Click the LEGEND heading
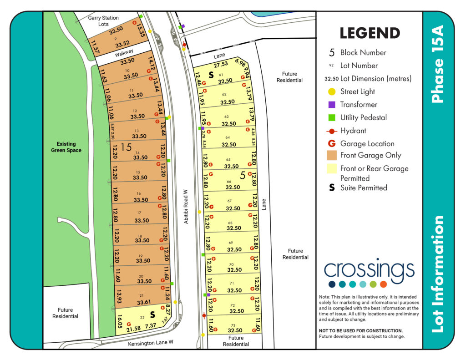tap(370, 33)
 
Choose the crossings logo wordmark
tap(369, 269)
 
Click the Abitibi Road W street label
tap(186, 206)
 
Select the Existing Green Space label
tap(66, 147)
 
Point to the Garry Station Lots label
tap(103, 21)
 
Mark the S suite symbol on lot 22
tap(153, 314)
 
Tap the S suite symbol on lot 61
tap(211, 74)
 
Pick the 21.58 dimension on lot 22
tap(133, 329)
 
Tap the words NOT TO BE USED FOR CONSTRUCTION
tap(361, 330)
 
